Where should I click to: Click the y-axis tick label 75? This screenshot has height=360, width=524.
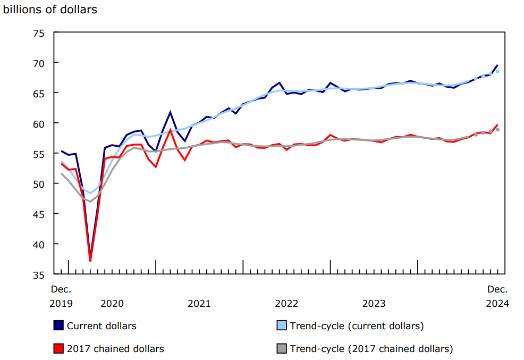[x=39, y=33]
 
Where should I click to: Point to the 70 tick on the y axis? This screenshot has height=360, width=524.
[x=39, y=63]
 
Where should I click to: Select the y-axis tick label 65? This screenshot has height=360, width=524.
[x=39, y=93]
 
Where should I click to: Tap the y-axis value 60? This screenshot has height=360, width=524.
[x=39, y=123]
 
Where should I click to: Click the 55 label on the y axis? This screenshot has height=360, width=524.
[x=39, y=154]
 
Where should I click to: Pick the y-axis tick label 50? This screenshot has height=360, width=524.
[x=39, y=184]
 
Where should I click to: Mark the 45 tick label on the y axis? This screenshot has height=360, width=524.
[x=39, y=214]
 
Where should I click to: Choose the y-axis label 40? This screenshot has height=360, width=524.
[x=39, y=244]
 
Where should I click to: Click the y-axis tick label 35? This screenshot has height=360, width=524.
[x=39, y=274]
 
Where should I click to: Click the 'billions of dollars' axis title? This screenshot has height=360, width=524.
[x=50, y=10]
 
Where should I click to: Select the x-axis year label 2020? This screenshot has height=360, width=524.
[x=112, y=304]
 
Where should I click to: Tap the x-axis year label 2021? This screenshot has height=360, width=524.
[x=199, y=304]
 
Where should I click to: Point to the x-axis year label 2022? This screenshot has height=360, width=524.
[x=286, y=304]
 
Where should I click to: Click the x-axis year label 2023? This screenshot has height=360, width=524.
[x=374, y=304]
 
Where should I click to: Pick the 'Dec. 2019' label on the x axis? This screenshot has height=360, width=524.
[x=61, y=297]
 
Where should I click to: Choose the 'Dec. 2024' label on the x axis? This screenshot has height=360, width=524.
[x=498, y=297]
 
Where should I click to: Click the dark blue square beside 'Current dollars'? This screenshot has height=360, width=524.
[x=59, y=325]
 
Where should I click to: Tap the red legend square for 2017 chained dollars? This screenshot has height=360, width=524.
[x=59, y=349]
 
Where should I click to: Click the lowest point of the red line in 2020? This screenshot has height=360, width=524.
[x=90, y=261]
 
